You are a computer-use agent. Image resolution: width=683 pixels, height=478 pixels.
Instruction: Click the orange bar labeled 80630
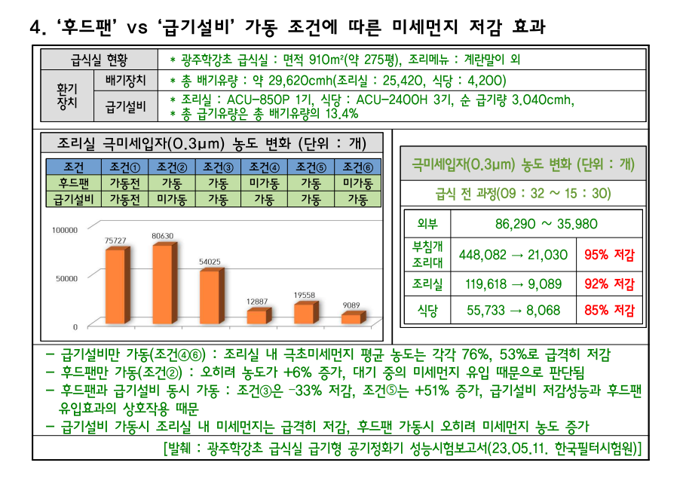pyautogui.click(x=164, y=283)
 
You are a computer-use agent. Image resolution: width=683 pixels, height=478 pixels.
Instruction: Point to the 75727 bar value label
pyautogui.click(x=115, y=241)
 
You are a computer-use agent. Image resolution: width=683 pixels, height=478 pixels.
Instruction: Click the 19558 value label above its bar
pyautogui.click(x=304, y=295)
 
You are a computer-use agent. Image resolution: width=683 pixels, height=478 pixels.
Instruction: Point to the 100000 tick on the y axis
pyautogui.click(x=65, y=230)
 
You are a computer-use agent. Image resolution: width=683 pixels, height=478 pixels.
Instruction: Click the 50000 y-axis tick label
pyautogui.click(x=66, y=278)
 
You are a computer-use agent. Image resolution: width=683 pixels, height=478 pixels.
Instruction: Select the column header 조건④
pyautogui.click(x=264, y=167)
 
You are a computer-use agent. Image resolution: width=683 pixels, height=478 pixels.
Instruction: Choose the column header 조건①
pyautogui.click(x=125, y=167)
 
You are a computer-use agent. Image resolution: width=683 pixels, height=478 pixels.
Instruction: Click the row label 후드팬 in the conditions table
pyautogui.click(x=74, y=183)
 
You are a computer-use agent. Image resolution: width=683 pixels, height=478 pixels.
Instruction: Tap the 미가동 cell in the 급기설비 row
pyautogui.click(x=172, y=199)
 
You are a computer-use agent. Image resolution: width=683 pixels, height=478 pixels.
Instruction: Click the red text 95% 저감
pyautogui.click(x=609, y=255)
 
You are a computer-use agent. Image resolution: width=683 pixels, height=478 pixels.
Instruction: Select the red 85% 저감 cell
pyautogui.click(x=609, y=310)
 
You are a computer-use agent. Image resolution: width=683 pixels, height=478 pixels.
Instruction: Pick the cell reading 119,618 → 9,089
pyautogui.click(x=513, y=284)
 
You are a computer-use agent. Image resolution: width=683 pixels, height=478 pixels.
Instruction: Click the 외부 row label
pyautogui.click(x=427, y=224)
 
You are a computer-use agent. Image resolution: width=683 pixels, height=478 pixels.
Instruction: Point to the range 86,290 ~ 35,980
pyautogui.click(x=547, y=224)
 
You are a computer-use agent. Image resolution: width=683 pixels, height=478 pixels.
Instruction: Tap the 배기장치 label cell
pyautogui.click(x=125, y=80)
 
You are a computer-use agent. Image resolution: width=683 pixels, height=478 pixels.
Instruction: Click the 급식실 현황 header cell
pyautogui.click(x=100, y=60)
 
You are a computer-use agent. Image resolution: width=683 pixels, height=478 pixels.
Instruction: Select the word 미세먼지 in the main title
pyautogui.click(x=424, y=26)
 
